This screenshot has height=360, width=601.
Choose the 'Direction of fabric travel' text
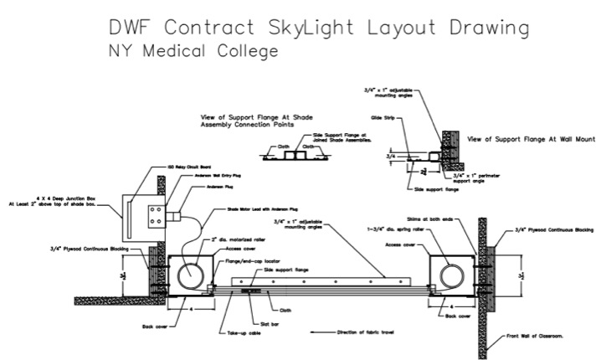coord(365,332)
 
